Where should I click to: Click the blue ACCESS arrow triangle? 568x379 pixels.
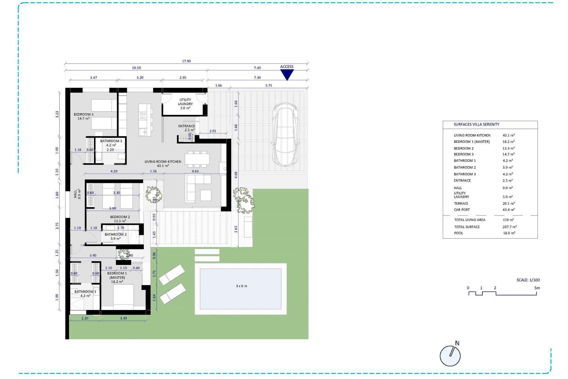(287, 74)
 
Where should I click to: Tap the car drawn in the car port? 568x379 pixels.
(285, 135)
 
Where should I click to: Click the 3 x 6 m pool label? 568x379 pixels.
(241, 286)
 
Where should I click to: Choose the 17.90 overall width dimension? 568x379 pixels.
(186, 61)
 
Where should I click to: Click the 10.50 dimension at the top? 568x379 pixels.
(136, 68)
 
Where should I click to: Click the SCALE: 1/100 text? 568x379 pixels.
(528, 280)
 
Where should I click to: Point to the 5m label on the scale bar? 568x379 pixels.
(537, 288)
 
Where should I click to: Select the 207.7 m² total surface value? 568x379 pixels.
(509, 227)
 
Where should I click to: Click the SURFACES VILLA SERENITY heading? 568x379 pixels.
(476, 124)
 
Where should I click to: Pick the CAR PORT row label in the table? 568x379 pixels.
(462, 210)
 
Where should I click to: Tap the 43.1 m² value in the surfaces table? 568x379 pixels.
(509, 135)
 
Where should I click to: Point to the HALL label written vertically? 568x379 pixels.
(75, 194)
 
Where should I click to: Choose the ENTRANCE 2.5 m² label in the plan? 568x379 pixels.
(186, 128)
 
